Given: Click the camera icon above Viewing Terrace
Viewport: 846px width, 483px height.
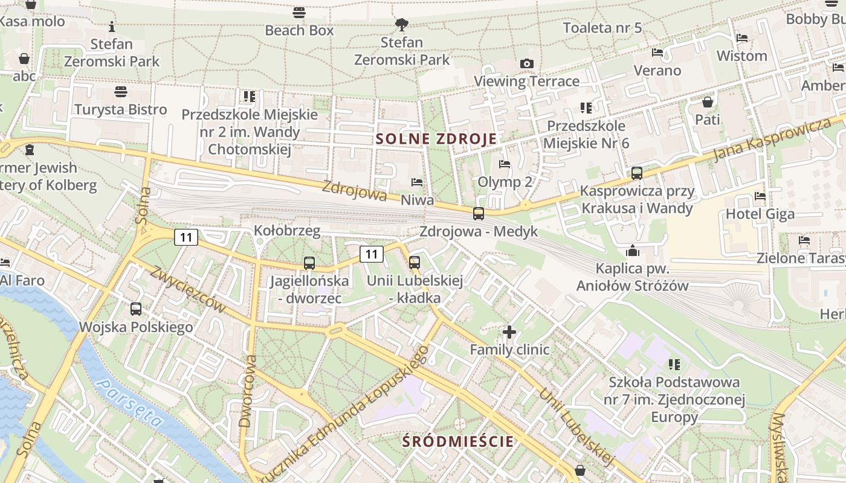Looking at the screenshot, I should (x=527, y=63).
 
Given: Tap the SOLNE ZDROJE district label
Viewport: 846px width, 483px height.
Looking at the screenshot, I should (x=436, y=139).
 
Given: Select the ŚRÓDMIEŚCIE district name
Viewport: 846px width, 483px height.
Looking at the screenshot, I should (x=458, y=441).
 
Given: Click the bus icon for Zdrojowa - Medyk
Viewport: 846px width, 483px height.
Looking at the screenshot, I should (x=479, y=213).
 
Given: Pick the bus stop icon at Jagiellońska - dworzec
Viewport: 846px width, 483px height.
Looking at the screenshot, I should (x=309, y=263).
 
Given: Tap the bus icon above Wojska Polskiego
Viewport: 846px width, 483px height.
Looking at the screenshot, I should (x=136, y=309).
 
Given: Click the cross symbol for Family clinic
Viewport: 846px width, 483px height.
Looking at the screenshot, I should (x=509, y=331).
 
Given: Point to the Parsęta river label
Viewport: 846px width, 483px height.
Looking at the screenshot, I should (x=130, y=403).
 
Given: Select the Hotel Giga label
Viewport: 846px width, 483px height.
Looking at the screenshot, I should (x=760, y=214).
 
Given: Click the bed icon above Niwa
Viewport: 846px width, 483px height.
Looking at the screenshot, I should (x=417, y=182).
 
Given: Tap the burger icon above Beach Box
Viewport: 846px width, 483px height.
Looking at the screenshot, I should (x=299, y=12).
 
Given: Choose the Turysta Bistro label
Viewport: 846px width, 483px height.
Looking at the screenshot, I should (x=121, y=109).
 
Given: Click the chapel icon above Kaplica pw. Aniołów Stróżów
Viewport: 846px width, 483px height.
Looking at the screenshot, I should (x=633, y=250).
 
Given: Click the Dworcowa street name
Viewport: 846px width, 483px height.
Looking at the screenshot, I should (x=248, y=391).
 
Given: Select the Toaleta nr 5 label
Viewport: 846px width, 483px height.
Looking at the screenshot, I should (x=602, y=28).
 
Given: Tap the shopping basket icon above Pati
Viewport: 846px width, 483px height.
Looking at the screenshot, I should (x=708, y=101).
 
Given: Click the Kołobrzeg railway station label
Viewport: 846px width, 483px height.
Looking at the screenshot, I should (x=287, y=231).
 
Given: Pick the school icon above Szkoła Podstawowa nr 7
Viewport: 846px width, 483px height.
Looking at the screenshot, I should (x=674, y=364).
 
